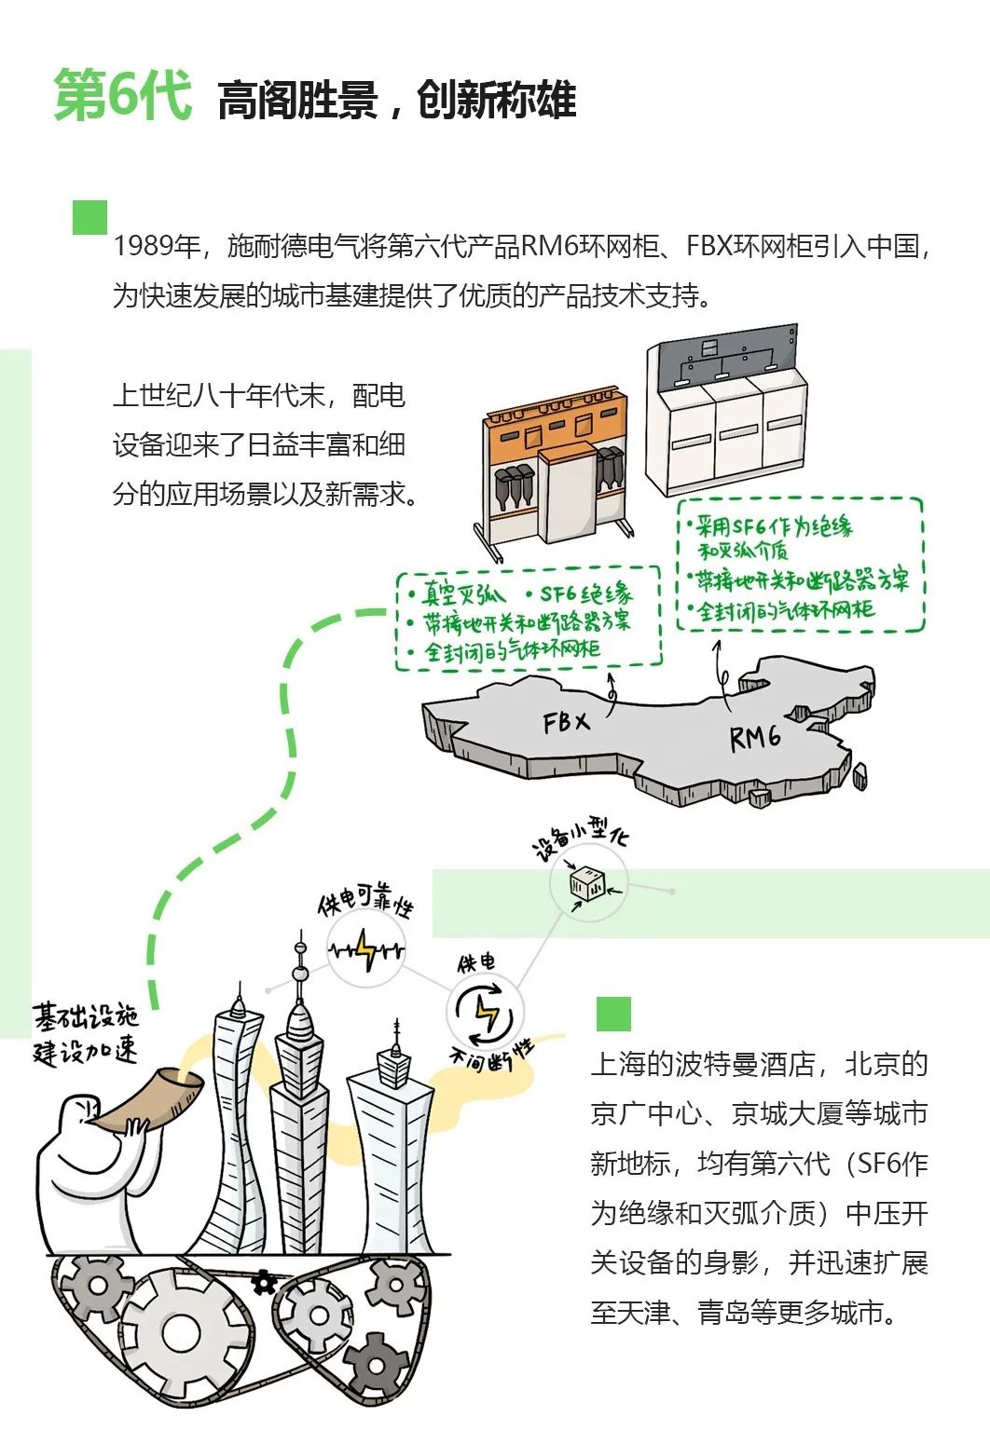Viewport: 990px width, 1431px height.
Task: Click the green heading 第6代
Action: pyautogui.click(x=122, y=96)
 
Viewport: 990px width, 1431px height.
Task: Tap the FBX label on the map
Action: pyautogui.click(x=566, y=722)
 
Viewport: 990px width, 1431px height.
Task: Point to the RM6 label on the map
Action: pyautogui.click(x=755, y=738)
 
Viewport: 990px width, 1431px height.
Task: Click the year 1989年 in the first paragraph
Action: pyautogui.click(x=158, y=246)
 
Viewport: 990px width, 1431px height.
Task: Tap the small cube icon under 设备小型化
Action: pyautogui.click(x=588, y=883)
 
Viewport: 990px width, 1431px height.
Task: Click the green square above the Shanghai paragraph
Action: pyautogui.click(x=612, y=1014)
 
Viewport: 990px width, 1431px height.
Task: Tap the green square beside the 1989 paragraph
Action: pyautogui.click(x=89, y=217)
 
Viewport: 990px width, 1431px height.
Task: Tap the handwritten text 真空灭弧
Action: pyautogui.click(x=462, y=594)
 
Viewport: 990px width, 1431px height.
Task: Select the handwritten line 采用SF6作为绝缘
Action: pyautogui.click(x=772, y=527)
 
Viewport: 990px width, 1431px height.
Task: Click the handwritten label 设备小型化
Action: pyautogui.click(x=579, y=838)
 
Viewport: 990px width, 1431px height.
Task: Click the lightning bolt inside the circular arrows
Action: pyautogui.click(x=487, y=1013)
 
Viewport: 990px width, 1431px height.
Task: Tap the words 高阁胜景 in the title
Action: pyautogui.click(x=296, y=101)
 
